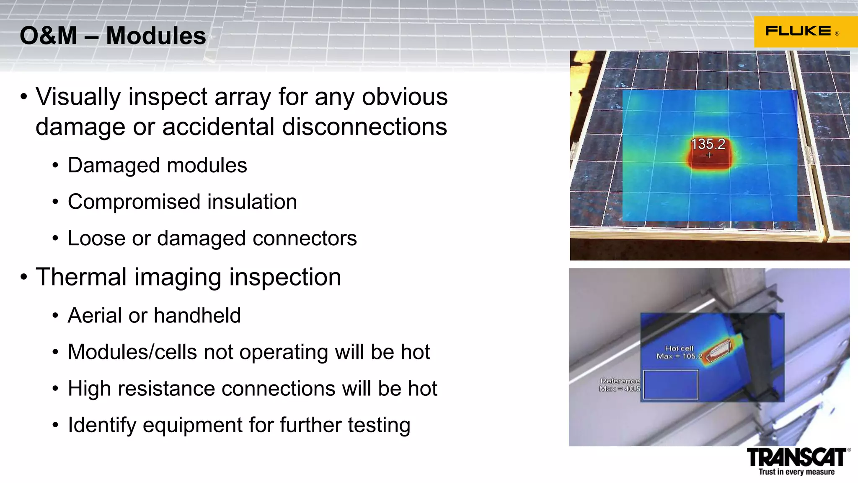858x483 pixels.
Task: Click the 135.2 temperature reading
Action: [708, 144]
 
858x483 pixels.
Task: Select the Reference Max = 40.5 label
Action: [620, 385]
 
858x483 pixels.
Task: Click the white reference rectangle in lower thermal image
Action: [670, 385]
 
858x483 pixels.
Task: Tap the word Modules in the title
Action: [156, 36]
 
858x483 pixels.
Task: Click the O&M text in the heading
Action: [48, 36]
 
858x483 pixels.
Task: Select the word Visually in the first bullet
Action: [78, 97]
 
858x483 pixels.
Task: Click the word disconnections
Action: [364, 127]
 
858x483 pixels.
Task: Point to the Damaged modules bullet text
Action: [157, 165]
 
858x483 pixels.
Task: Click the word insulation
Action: [252, 202]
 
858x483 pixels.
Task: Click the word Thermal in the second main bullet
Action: [81, 277]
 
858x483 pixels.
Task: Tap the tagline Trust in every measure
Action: [796, 472]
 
